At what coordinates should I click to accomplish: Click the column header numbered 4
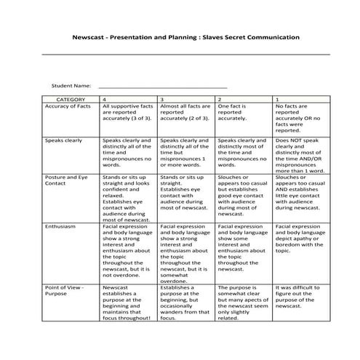pyautogui.click(x=105, y=98)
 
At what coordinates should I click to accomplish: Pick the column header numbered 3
pyautogui.click(x=161, y=98)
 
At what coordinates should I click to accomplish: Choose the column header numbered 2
pyautogui.click(x=220, y=98)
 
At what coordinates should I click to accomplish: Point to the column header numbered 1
pyautogui.click(x=276, y=98)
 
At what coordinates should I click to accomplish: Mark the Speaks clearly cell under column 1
pyautogui.click(x=297, y=154)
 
